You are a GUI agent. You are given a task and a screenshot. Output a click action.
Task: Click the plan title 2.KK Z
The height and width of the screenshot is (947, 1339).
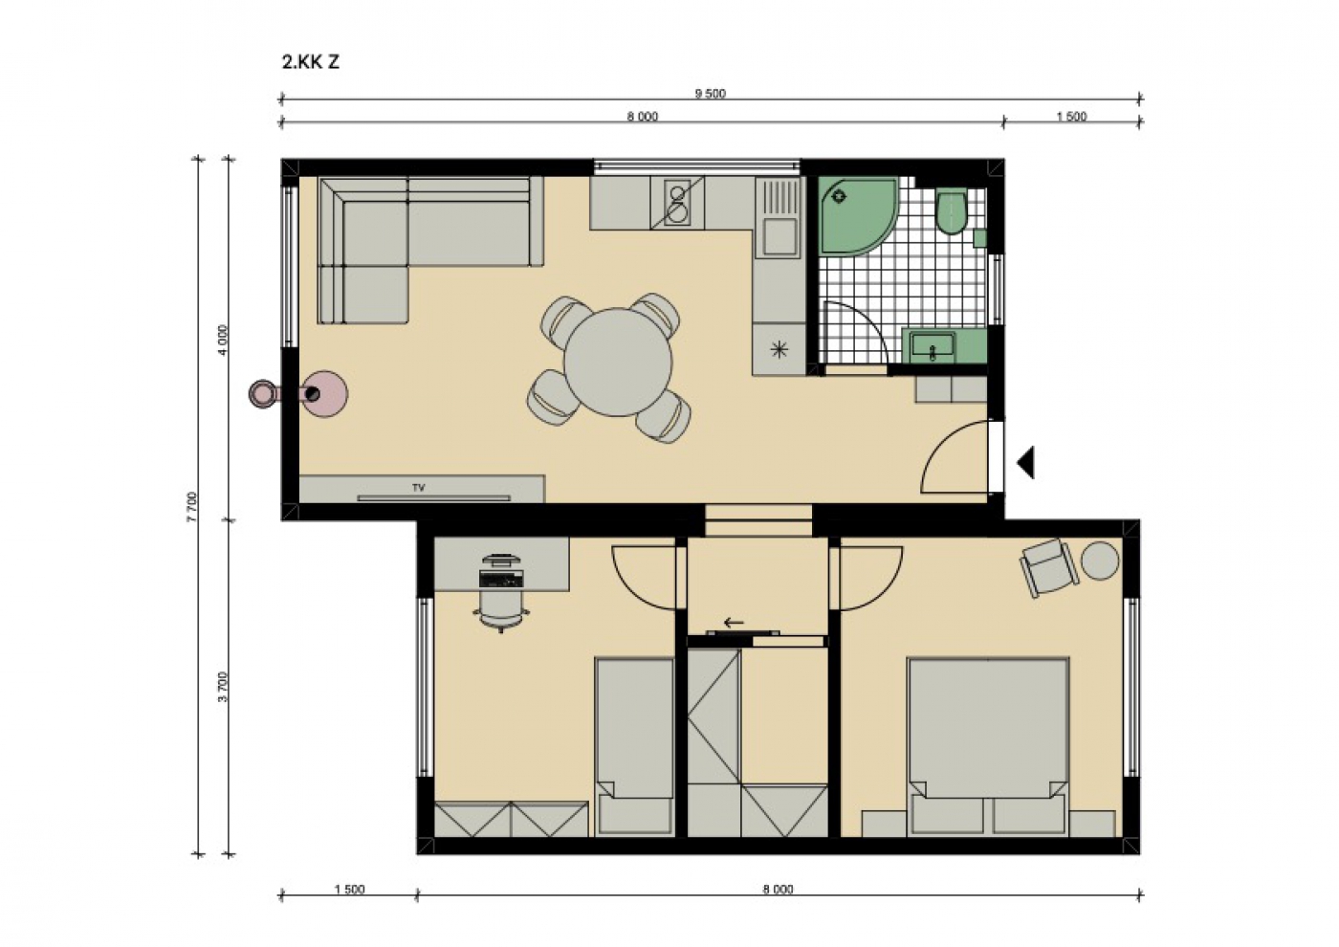pos(310,62)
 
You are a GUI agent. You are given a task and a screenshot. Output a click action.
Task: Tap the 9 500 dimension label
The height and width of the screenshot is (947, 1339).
pos(710,94)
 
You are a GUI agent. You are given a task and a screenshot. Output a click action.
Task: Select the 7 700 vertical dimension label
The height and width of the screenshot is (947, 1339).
pos(191,507)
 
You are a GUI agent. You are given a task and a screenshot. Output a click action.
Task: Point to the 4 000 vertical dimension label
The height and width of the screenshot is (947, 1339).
pos(222,341)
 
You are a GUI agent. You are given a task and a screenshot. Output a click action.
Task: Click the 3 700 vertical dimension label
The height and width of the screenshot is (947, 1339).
pos(222,687)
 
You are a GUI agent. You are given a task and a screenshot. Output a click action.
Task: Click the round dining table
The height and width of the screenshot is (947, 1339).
pos(618,362)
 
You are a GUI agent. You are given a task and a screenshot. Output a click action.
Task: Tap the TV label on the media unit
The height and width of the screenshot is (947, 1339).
pos(419,488)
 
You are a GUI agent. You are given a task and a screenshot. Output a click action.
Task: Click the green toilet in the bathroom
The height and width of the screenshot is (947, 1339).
pos(951,211)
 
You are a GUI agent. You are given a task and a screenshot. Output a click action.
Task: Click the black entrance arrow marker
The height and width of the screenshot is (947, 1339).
pos(1025,462)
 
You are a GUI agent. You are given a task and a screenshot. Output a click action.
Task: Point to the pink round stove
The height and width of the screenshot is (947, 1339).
pos(324,393)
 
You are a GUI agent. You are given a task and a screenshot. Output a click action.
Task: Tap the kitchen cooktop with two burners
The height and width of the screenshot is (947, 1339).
pos(677,203)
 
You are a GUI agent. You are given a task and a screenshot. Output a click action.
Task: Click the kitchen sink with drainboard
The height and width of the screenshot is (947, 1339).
pos(778,218)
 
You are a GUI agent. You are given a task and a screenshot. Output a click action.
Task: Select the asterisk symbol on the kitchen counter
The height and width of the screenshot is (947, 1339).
pos(779,349)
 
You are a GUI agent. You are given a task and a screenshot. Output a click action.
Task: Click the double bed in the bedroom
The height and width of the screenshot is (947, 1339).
pos(988,747)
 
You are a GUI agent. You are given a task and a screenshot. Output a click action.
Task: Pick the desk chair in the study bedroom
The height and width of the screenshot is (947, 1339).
pos(501,609)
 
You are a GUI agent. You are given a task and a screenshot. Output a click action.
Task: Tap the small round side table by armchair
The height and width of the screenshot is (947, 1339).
pos(1100,561)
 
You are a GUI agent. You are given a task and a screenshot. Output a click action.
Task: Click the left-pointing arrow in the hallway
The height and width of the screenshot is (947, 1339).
pos(735,623)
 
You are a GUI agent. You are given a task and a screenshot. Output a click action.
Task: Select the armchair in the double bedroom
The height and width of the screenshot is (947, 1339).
pos(1049,567)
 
